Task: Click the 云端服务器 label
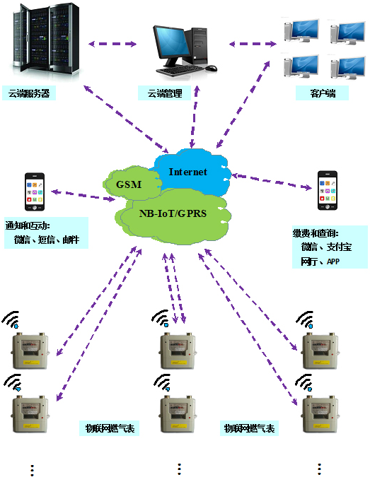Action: tap(29, 93)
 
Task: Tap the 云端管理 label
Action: tap(165, 93)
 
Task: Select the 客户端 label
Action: tap(323, 93)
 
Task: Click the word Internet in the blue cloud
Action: tap(187, 172)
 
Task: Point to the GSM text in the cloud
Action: tap(129, 184)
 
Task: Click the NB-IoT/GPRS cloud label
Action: tap(173, 213)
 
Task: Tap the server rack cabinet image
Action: tap(45, 38)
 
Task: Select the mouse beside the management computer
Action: tap(211, 68)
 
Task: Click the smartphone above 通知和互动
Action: tap(35, 192)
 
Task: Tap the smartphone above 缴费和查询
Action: tap(328, 191)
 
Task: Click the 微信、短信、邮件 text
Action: tap(47, 240)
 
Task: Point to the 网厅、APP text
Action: tap(320, 261)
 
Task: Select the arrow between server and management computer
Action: tap(112, 44)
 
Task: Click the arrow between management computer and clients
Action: tap(253, 44)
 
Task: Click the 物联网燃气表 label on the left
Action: tap(110, 428)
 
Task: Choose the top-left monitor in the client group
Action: tap(301, 30)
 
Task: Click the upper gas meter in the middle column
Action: tap(178, 351)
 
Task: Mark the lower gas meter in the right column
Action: tap(320, 414)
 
